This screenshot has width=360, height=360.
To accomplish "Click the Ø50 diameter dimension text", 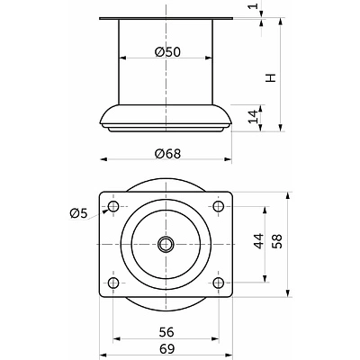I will tap(167, 51).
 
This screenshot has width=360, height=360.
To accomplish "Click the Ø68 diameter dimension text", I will tap(167, 152).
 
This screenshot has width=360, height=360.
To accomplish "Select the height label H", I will tap(269, 78).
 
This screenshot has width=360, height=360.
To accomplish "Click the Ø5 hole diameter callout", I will tap(77, 213).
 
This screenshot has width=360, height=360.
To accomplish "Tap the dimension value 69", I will tap(166, 349).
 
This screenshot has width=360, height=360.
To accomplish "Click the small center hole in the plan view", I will tap(166, 244).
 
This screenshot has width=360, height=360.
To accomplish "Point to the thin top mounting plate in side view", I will tap(166, 19).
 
